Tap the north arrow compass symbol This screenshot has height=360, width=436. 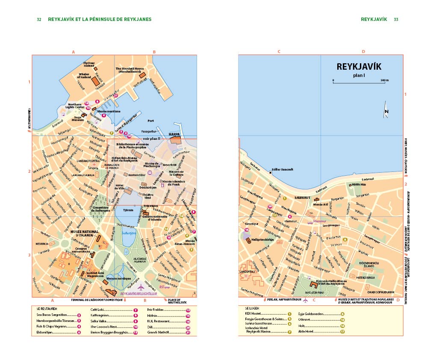point(386,109)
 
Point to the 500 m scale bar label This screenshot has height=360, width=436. point(384,80)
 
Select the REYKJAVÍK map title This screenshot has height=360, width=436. point(359,67)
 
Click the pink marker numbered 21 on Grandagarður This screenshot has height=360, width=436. point(115,96)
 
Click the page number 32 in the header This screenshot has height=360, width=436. point(39,19)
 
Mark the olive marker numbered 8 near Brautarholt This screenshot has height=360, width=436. point(345,239)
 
